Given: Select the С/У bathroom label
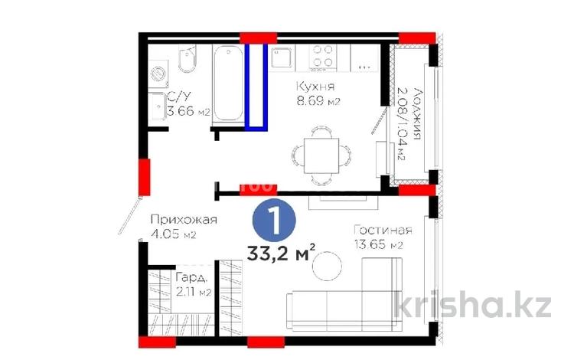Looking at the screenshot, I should (x=180, y=97).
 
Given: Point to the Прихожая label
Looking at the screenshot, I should (x=184, y=220).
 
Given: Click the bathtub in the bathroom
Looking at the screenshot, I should (x=227, y=84).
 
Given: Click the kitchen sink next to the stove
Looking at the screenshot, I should (x=283, y=55).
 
